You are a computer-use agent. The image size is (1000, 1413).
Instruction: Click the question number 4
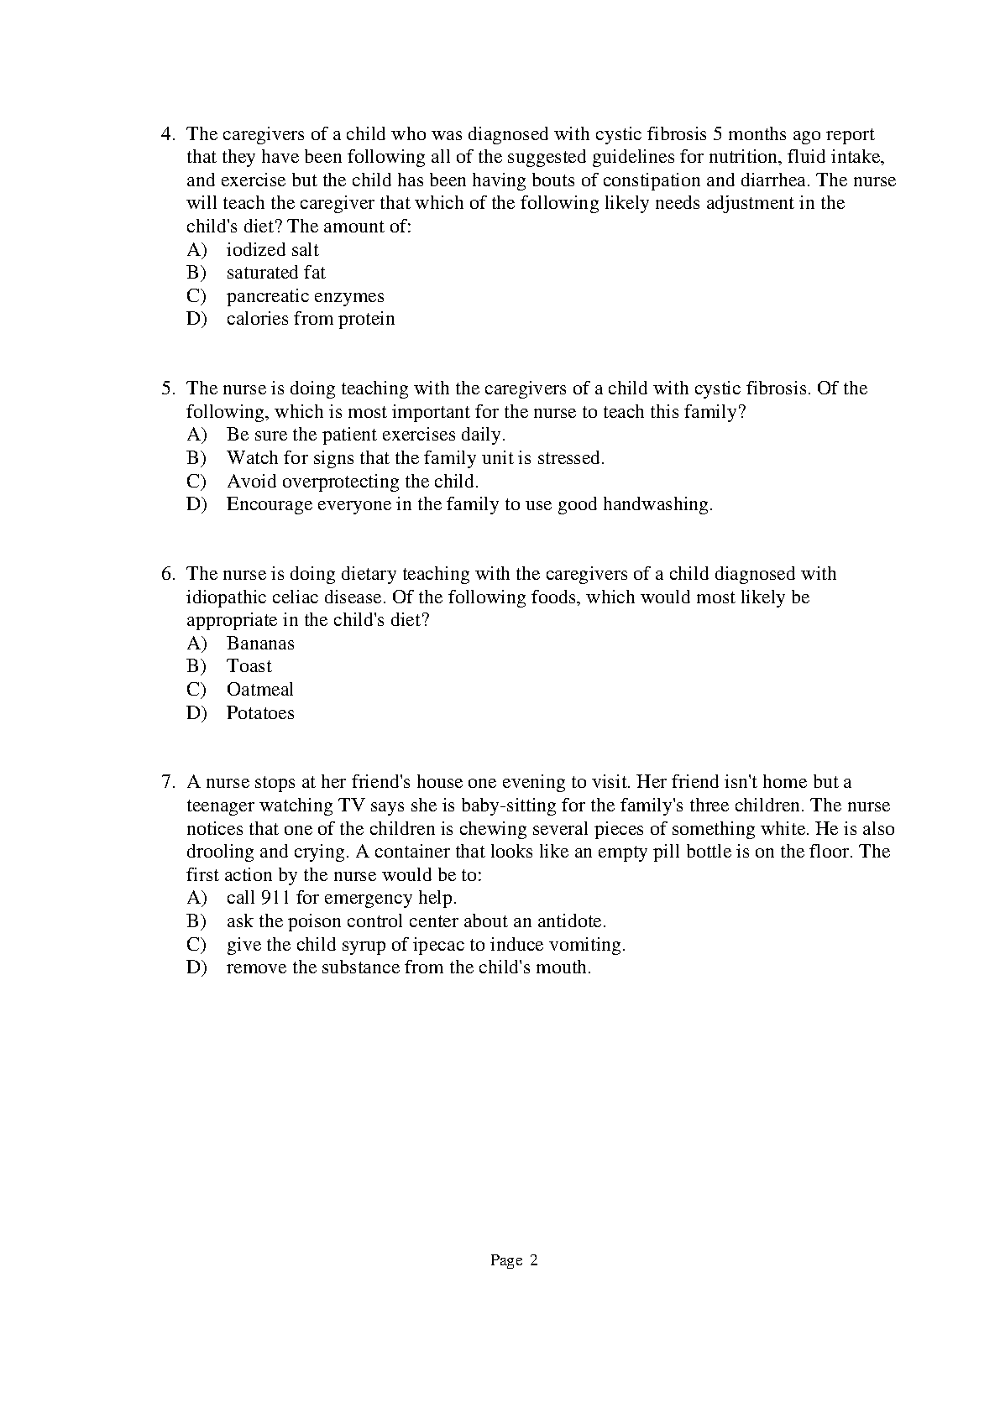pyautogui.click(x=166, y=134)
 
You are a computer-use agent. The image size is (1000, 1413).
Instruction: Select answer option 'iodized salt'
pyautogui.click(x=272, y=250)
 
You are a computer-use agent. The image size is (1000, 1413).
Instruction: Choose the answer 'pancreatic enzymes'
pyautogui.click(x=305, y=296)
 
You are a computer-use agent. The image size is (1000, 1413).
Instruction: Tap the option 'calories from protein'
pyautogui.click(x=310, y=319)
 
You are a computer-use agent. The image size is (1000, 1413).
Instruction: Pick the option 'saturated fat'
pyautogui.click(x=275, y=273)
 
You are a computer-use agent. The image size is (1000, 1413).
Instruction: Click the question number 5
pyautogui.click(x=166, y=388)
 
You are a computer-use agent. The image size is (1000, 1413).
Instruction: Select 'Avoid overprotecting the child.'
pyautogui.click(x=352, y=482)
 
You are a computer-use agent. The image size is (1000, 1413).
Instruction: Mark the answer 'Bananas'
pyautogui.click(x=260, y=644)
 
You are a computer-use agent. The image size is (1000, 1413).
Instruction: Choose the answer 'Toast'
pyautogui.click(x=249, y=666)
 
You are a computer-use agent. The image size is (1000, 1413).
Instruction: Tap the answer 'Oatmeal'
pyautogui.click(x=259, y=690)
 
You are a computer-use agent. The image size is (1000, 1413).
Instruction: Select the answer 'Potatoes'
pyautogui.click(x=260, y=713)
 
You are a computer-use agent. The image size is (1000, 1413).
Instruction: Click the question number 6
pyautogui.click(x=166, y=574)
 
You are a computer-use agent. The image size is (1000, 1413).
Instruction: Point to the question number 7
pyautogui.click(x=166, y=782)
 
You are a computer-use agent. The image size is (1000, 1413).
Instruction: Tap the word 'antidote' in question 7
pyautogui.click(x=570, y=921)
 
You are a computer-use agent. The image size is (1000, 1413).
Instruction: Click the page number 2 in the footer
pyautogui.click(x=533, y=1260)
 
